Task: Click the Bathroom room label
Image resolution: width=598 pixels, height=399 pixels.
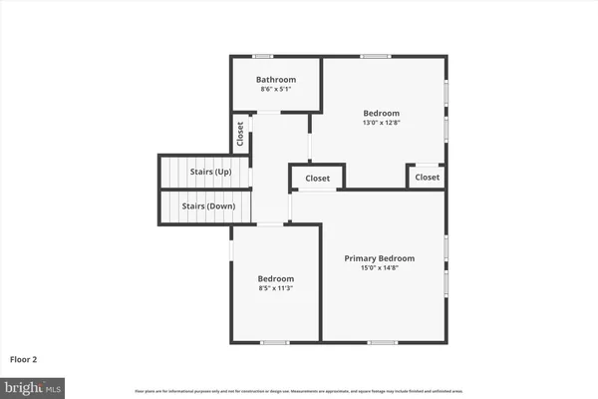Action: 276,79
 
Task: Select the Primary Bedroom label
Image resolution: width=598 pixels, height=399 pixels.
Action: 379,258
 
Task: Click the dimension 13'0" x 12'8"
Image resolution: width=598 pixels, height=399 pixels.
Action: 381,124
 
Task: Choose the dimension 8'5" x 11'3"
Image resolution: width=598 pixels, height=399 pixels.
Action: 276,288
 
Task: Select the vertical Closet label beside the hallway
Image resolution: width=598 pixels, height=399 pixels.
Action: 240,134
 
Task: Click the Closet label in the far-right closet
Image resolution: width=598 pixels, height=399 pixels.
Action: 427,178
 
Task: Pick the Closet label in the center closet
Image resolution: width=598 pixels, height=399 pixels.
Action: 317,179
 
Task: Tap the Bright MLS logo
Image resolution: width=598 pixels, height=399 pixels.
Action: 33,384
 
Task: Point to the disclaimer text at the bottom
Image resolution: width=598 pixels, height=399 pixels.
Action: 298,389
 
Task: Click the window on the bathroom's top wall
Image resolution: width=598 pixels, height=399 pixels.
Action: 263,56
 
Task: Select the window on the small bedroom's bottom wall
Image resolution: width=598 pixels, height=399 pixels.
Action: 274,342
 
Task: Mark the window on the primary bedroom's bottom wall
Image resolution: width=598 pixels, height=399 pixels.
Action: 382,342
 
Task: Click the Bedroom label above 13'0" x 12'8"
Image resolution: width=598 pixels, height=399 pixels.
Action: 381,114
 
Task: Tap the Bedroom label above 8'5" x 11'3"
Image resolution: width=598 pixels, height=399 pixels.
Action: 276,278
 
